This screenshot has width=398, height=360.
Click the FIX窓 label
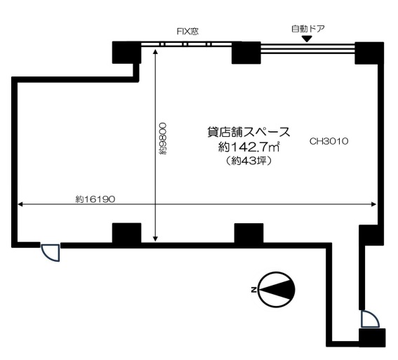[x=187, y=32]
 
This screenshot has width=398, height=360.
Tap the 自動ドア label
[x=308, y=29]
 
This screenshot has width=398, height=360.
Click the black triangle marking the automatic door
[x=307, y=39]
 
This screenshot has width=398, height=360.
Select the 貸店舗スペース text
[x=248, y=132]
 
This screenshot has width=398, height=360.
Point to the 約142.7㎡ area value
[x=248, y=147]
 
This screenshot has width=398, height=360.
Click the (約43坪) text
[x=248, y=160]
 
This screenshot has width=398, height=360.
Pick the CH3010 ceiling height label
[x=329, y=141]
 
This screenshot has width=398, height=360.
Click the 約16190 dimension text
[x=95, y=199]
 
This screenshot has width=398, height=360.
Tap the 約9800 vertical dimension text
[x=163, y=138]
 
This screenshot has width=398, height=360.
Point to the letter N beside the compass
[x=253, y=290]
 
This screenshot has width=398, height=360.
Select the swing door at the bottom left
[x=51, y=253]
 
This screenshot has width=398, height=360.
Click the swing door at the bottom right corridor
[x=370, y=319]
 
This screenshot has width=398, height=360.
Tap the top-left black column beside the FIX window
[x=126, y=53]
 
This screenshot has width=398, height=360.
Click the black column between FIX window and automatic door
[x=246, y=53]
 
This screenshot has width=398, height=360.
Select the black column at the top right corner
[x=369, y=53]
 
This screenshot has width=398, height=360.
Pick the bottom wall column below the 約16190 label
[x=126, y=233]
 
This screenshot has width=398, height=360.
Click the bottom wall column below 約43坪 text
[x=248, y=234]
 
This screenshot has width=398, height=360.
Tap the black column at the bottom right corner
[x=372, y=338]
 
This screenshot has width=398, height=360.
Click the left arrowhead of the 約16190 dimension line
[x=20, y=204]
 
